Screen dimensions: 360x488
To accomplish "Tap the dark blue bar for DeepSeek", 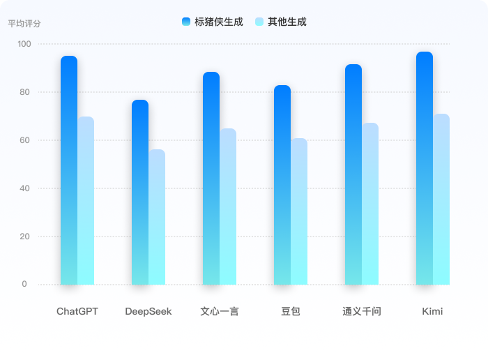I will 140,192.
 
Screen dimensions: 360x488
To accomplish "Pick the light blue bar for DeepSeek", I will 157,217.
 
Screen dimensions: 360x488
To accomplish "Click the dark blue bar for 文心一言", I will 211,178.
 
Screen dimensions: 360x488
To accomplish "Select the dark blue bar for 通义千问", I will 353,174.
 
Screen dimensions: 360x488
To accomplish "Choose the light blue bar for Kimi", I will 441,199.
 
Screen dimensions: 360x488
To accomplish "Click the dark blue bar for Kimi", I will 425,167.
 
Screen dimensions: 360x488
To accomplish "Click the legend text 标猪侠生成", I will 219,22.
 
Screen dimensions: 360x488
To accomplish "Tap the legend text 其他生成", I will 287,22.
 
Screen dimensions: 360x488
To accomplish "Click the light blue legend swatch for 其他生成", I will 259,22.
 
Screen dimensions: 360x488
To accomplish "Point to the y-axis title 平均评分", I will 24,23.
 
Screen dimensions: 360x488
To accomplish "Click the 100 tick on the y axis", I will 24,44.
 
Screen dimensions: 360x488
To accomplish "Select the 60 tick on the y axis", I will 24,140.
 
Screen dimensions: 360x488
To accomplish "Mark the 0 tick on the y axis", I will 24,284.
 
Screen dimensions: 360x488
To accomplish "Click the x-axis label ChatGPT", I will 77,311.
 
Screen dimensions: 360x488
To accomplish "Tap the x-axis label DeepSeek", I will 148,311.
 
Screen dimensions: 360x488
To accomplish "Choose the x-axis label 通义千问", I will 362,311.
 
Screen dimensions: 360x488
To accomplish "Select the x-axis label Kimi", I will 432,311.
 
